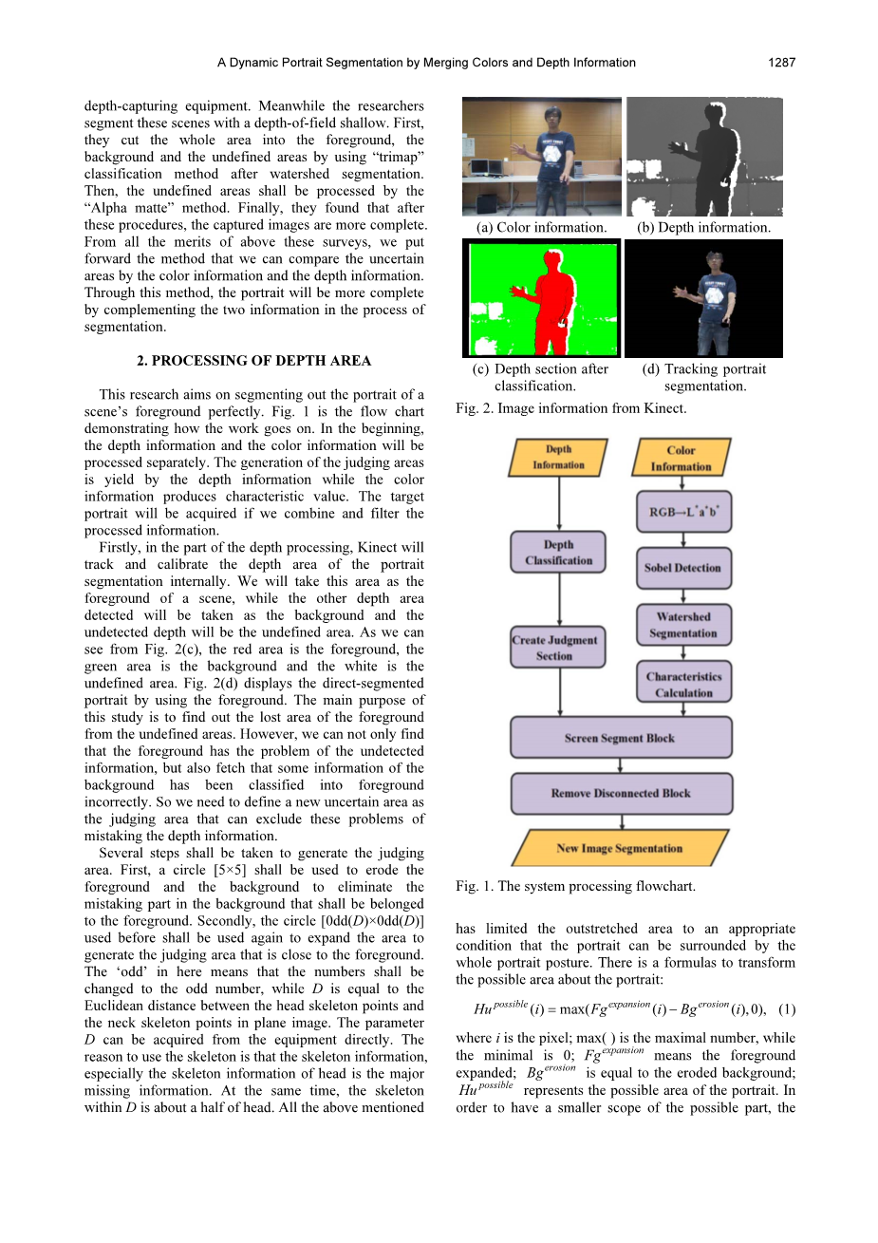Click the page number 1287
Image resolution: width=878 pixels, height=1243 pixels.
tap(781, 63)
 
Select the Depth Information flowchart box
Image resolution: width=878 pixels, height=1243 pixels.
tap(558, 457)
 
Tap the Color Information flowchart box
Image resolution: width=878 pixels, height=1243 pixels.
tap(681, 458)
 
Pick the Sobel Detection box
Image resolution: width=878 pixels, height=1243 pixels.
tap(682, 568)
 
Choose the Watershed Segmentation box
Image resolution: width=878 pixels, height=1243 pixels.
tap(682, 625)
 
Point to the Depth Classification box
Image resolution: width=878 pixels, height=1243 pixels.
tap(558, 553)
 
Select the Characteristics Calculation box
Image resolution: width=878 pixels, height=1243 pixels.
tap(683, 685)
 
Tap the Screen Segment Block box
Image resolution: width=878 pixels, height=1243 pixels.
tap(620, 738)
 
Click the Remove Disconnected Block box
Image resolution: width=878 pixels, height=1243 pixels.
tap(621, 793)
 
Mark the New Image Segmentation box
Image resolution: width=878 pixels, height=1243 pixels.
tap(620, 848)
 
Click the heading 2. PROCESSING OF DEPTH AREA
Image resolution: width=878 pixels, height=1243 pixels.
tap(253, 361)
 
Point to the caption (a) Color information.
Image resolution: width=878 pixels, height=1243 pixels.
tap(541, 228)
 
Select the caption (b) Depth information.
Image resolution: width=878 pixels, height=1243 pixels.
tap(703, 228)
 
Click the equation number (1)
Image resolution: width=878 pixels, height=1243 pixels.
tap(786, 1009)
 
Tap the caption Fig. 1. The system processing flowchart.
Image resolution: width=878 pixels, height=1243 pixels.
tap(575, 886)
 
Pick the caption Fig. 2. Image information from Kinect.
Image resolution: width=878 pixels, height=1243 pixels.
tap(570, 408)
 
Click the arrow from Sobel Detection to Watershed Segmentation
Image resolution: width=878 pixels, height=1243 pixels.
tap(682, 596)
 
